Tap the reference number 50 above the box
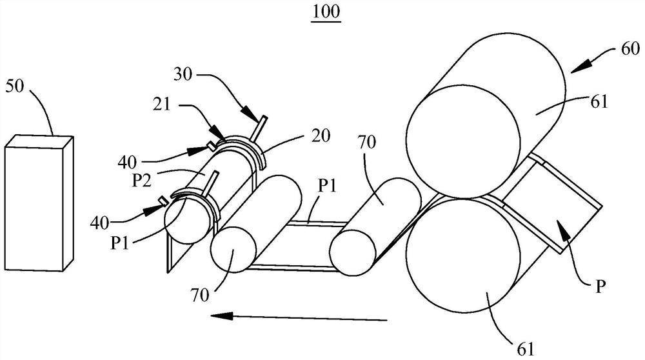click(x=15, y=87)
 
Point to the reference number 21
click(x=162, y=104)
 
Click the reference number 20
click(x=321, y=135)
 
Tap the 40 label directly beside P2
click(x=127, y=162)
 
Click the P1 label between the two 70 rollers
click(x=328, y=186)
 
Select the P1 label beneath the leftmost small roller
click(x=120, y=243)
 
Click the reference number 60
click(x=630, y=48)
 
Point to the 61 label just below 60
click(x=599, y=101)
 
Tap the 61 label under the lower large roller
click(x=525, y=349)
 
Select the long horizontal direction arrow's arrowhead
click(x=222, y=315)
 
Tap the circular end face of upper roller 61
click(x=462, y=140)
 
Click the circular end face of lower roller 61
click(x=462, y=255)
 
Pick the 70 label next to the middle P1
click(x=367, y=143)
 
